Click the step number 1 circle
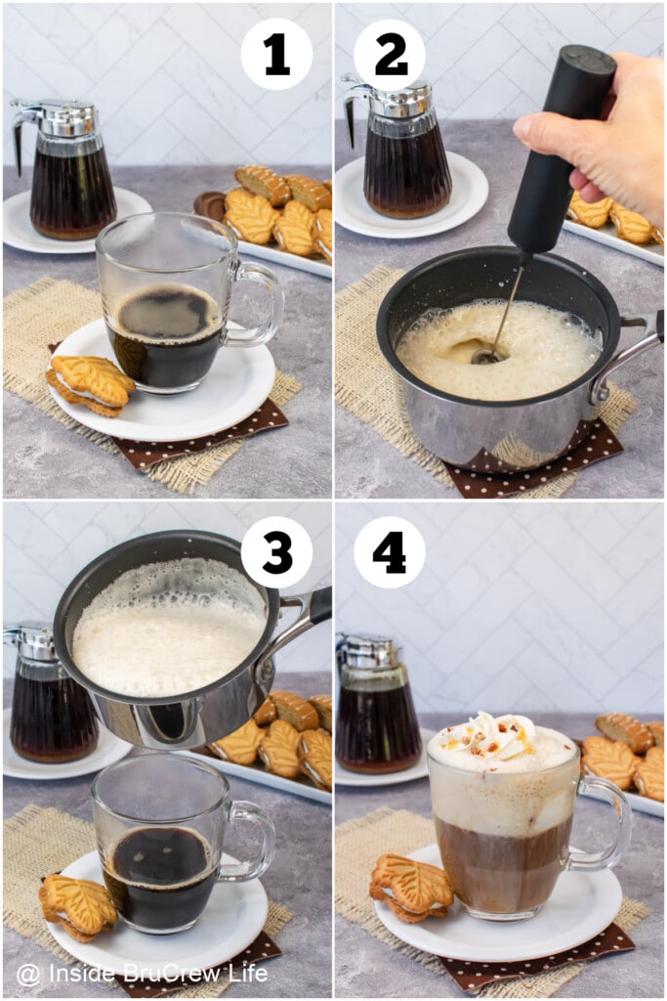(x=276, y=54)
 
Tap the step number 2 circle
(x=389, y=54)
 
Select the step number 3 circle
(x=276, y=552)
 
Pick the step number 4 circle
(x=389, y=552)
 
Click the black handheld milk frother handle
(x=562, y=147)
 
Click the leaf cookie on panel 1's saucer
(x=91, y=383)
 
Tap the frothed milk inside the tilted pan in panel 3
(x=166, y=635)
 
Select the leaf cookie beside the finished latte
(x=411, y=888)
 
